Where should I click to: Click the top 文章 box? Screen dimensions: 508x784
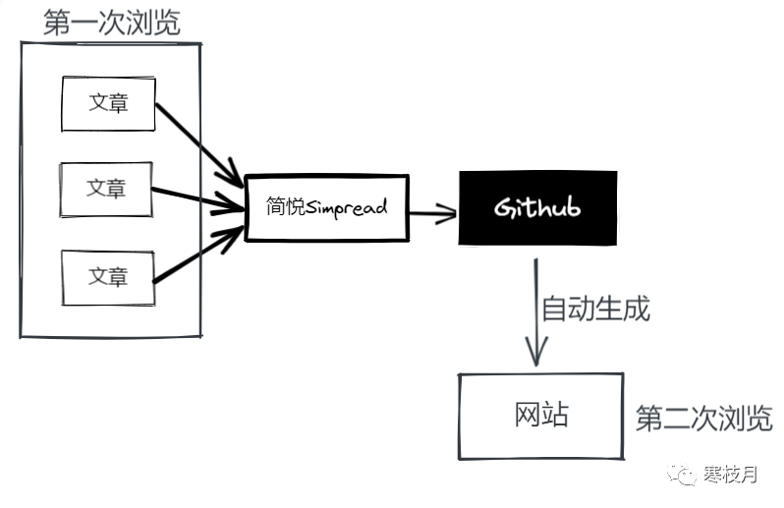[x=108, y=102]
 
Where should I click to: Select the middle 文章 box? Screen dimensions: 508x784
[x=106, y=188]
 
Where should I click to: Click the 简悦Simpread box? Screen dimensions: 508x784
[x=326, y=207]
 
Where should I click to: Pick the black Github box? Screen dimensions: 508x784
[x=537, y=207]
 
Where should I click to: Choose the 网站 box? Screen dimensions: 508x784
[x=540, y=416]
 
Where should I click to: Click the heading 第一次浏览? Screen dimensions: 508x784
[x=112, y=23]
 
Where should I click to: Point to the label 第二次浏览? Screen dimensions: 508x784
[x=703, y=419]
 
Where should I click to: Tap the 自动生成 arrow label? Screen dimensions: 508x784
[x=596, y=310]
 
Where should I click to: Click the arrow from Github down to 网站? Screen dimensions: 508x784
[x=535, y=314]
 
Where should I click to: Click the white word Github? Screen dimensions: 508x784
[x=537, y=208]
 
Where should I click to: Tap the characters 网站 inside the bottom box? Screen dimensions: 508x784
[x=540, y=416]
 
